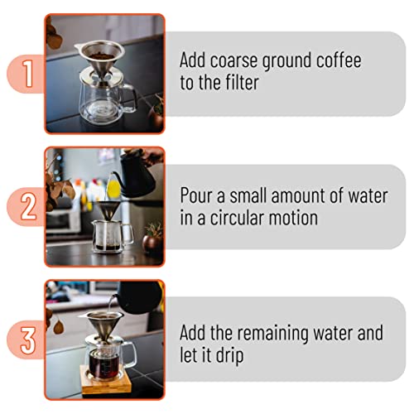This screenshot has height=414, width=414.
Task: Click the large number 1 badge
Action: (x=26, y=73)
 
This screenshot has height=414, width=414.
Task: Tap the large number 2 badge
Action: (x=26, y=206)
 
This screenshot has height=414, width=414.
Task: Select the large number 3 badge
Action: (x=26, y=340)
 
